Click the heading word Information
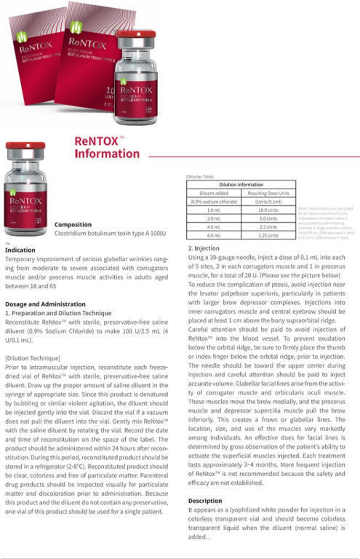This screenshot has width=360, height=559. [x=107, y=154]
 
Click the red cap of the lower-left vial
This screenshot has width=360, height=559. [x=25, y=146]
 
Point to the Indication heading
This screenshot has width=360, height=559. [x=20, y=250]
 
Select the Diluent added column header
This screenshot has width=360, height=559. [x=209, y=193]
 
